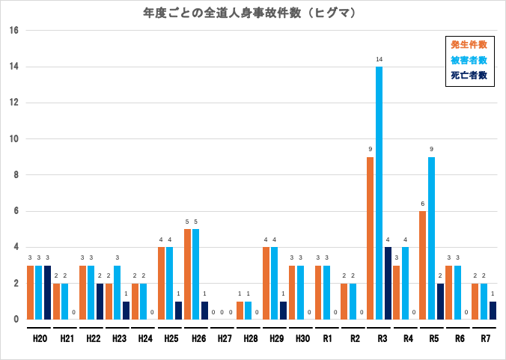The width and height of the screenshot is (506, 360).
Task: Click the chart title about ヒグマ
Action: click(x=249, y=13)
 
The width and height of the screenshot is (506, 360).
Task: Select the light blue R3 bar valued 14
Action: click(x=379, y=193)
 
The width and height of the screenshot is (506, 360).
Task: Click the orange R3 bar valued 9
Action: click(x=371, y=238)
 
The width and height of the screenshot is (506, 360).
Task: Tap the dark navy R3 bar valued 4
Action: click(x=388, y=283)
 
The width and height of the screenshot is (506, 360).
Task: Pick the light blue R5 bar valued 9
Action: click(x=431, y=238)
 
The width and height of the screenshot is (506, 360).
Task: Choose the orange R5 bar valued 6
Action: click(x=423, y=265)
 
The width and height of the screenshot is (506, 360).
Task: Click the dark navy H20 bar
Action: click(x=47, y=293)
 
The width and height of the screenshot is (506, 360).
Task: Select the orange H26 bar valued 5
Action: click(x=187, y=274)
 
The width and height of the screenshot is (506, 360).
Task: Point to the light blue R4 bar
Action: click(x=405, y=283)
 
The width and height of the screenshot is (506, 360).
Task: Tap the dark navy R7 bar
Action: click(x=493, y=311)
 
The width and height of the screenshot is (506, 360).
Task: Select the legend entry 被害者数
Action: click(x=469, y=60)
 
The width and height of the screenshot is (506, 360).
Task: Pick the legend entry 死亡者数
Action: click(x=469, y=75)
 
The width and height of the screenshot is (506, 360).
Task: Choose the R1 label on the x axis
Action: click(x=326, y=339)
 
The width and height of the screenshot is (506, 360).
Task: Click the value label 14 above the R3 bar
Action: click(x=379, y=59)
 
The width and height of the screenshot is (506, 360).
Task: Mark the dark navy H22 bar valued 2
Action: click(x=100, y=302)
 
